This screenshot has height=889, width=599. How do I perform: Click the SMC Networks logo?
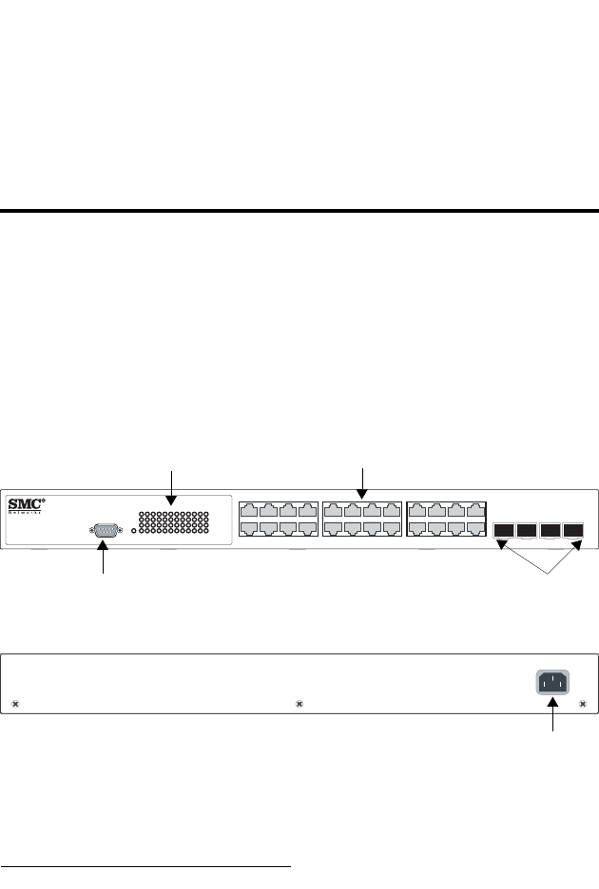click(27, 505)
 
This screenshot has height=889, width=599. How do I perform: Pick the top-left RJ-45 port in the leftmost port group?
click(250, 510)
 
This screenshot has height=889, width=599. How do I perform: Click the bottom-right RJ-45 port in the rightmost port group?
click(476, 528)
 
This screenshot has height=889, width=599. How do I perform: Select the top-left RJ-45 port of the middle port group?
click(333, 510)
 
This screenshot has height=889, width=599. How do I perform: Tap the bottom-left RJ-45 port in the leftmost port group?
click(250, 528)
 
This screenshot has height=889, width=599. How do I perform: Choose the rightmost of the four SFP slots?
click(572, 530)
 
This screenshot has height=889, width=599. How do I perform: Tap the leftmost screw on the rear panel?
click(15, 705)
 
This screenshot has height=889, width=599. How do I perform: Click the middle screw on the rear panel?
click(299, 705)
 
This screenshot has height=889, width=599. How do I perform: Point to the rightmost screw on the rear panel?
click(583, 705)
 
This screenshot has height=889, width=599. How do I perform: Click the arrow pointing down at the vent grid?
click(171, 484)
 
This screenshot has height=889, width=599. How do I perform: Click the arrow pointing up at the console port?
click(104, 560)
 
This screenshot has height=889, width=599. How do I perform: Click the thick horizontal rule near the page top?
click(299, 210)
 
